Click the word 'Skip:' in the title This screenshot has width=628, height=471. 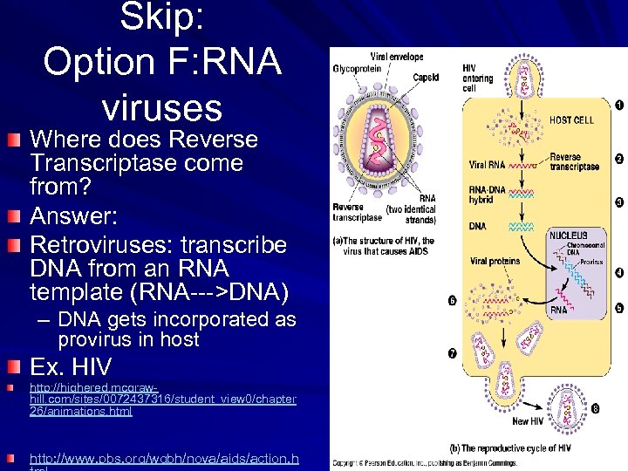point(161,17)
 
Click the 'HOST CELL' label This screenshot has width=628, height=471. point(571,119)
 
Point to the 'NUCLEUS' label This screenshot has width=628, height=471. point(568,235)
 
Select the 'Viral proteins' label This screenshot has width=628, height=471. point(494,261)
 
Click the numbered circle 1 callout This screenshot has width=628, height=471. point(618,106)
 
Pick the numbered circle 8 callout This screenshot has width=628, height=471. point(595,407)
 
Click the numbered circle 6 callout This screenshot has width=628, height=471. point(452,302)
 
